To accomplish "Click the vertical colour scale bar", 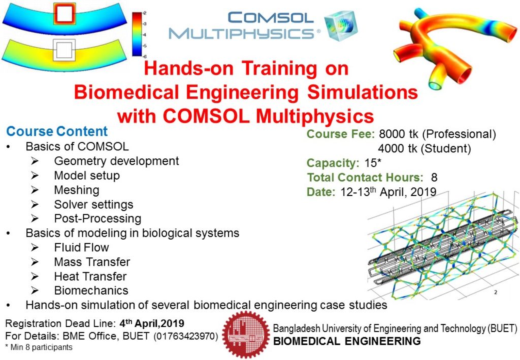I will (137, 34).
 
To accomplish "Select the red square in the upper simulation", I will (64, 14).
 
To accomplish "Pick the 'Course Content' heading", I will (57, 132).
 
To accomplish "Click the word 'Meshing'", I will (77, 190).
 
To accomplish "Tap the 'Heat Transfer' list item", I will (90, 276).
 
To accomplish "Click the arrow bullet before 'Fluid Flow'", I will (34, 248).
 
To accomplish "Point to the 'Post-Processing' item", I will (97, 219).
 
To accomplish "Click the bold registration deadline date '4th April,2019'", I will (151, 323).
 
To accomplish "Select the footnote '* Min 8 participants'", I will (39, 348).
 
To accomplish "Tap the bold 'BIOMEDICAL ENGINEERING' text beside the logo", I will (347, 341).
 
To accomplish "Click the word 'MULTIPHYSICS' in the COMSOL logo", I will (241, 34).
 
